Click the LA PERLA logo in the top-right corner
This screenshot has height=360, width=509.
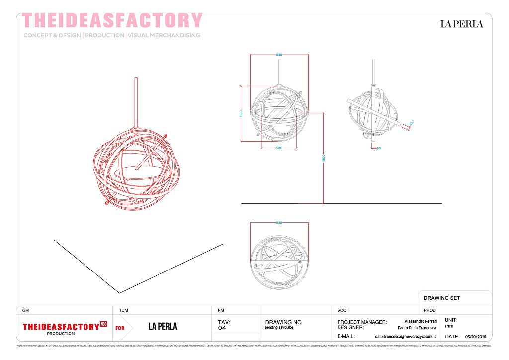click(461, 24)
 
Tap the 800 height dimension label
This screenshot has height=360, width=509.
click(241, 113)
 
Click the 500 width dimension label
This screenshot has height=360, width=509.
click(279, 148)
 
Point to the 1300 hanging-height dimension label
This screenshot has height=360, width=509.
click(323, 158)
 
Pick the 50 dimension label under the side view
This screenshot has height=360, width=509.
click(379, 148)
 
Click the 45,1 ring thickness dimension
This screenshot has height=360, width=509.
click(412, 122)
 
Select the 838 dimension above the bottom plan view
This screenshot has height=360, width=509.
click(279, 222)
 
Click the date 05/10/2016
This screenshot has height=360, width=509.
click(475, 337)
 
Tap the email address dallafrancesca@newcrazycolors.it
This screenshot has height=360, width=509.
click(405, 337)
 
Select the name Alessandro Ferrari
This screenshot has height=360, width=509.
click(421, 322)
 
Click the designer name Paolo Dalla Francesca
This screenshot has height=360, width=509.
click(417, 328)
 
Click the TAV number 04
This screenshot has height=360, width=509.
click(222, 328)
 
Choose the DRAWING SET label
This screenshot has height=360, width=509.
click(442, 298)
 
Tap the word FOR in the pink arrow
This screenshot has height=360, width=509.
click(120, 328)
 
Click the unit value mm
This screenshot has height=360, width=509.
click(449, 326)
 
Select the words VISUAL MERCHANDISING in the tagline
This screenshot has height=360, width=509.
click(164, 35)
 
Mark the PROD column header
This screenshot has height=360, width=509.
click(430, 310)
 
